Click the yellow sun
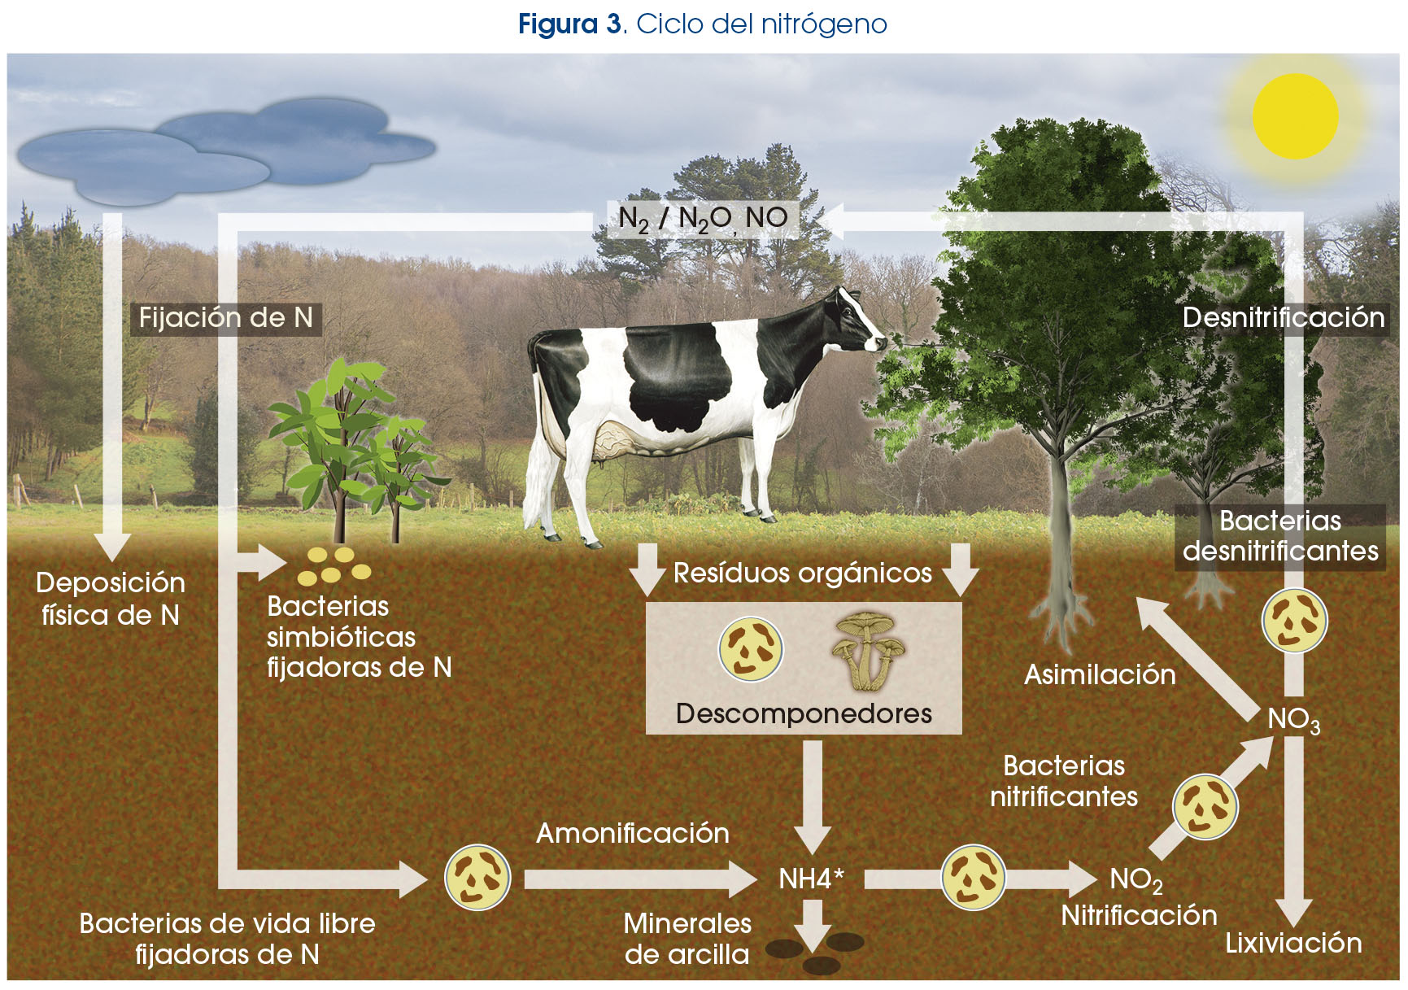1295,116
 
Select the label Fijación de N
226,317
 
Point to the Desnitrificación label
1284,317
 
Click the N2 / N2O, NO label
703,219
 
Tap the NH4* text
811,879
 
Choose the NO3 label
1293,719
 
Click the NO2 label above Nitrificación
1136,880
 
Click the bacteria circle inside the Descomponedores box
751,648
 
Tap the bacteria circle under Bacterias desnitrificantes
1294,620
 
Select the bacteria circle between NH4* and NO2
973,878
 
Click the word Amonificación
632,833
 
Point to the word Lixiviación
1293,943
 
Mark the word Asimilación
1100,674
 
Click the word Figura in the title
558,24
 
